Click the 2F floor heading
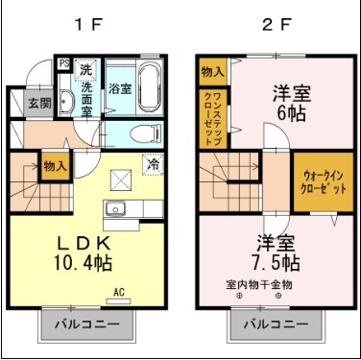[274, 25]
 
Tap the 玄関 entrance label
[39, 103]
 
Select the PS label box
[64, 64]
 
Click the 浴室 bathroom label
[120, 89]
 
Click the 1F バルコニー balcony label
[86, 324]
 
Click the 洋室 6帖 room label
[285, 103]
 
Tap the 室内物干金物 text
[258, 285]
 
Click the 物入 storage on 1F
[55, 167]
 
